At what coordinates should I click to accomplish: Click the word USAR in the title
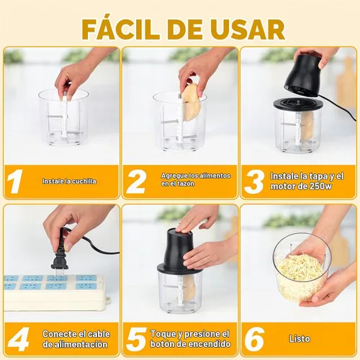click(x=248, y=30)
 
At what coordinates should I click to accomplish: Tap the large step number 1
click(x=14, y=181)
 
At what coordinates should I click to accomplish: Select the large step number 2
click(x=136, y=181)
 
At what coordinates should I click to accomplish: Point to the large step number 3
click(x=254, y=181)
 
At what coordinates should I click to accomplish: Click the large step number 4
click(x=19, y=339)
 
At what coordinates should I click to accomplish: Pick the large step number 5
click(x=136, y=339)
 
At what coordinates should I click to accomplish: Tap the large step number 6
click(x=254, y=339)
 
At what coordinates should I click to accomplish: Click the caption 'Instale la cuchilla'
click(x=69, y=181)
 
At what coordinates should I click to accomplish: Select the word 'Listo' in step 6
click(x=300, y=339)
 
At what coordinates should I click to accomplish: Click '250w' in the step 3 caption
click(x=320, y=186)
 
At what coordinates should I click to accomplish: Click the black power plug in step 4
click(x=60, y=258)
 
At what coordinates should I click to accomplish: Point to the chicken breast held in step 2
click(x=192, y=102)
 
